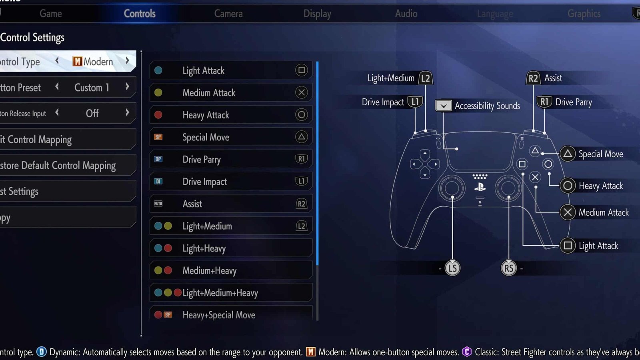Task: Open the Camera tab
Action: (x=228, y=14)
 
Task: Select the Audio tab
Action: (x=406, y=14)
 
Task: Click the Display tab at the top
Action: (x=317, y=14)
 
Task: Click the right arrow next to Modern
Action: (x=127, y=61)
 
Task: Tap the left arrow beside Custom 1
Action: (x=57, y=87)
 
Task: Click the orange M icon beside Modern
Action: (x=77, y=61)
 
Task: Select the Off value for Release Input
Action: (x=92, y=113)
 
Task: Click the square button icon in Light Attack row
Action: (x=301, y=70)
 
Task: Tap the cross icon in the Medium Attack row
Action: (x=301, y=93)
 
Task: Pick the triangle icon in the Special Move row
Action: (x=301, y=137)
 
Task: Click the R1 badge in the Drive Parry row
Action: (x=301, y=159)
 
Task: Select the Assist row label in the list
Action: (x=192, y=204)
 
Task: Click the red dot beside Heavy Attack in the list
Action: (x=158, y=115)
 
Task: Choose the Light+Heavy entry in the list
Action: (x=204, y=248)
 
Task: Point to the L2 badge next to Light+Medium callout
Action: (x=425, y=78)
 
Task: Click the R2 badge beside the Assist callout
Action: (x=533, y=78)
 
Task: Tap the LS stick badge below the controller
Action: (x=452, y=268)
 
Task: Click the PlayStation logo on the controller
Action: (x=480, y=187)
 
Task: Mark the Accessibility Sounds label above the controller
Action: (x=487, y=106)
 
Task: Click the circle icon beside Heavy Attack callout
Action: (x=567, y=186)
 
